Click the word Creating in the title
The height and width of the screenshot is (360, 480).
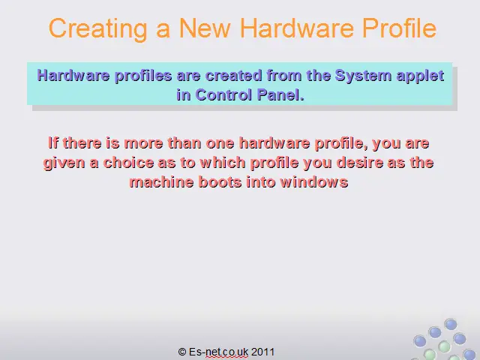[98, 29]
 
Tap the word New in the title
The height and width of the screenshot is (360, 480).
[205, 28]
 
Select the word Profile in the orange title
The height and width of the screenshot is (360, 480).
[399, 28]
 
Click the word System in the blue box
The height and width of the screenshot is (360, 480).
[363, 76]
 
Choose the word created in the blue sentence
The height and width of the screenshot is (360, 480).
[233, 76]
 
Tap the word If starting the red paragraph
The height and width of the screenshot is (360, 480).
[53, 143]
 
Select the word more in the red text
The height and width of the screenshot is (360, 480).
[143, 143]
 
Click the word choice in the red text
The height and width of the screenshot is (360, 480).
[128, 163]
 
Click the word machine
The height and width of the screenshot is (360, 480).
[162, 182]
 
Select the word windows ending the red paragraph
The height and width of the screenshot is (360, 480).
[314, 182]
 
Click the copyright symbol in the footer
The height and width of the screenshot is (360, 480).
[182, 352]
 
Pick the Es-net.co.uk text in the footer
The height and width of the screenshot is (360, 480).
[218, 352]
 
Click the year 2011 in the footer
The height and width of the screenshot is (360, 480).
[262, 352]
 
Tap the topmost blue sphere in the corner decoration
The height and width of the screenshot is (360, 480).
[451, 324]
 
